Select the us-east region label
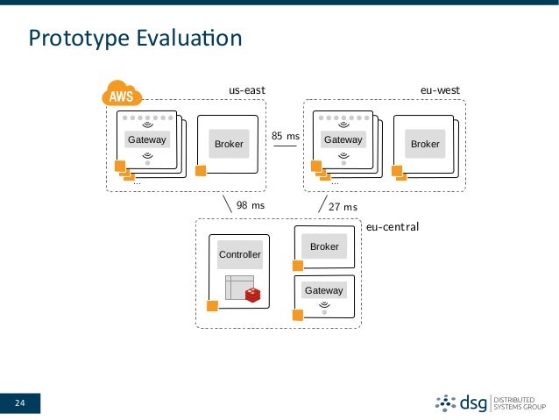[246, 90]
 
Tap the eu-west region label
[440, 90]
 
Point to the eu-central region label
[393, 225]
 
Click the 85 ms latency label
[285, 137]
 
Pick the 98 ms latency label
[251, 206]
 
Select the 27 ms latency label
[343, 207]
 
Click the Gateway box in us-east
[147, 139]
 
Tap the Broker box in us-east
[229, 144]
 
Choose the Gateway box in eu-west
[343, 139]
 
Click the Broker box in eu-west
[425, 144]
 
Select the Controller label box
[239, 254]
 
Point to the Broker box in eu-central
[324, 247]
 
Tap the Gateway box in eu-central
[324, 290]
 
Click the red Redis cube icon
[253, 295]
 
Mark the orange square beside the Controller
[211, 306]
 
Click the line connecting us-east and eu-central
[230, 203]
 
